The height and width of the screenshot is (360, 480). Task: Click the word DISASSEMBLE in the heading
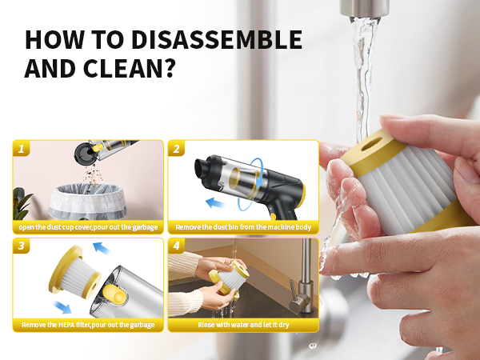tap(217, 39)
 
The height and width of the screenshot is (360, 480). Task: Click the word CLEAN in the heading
tap(122, 69)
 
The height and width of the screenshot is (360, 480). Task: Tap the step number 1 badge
tap(21, 149)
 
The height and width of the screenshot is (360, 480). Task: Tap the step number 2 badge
tap(176, 149)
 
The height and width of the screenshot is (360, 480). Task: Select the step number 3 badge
tap(21, 246)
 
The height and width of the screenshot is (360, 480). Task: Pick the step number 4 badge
tap(176, 246)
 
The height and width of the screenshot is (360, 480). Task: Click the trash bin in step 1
tap(87, 202)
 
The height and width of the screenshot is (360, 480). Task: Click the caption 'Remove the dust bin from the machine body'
tap(243, 227)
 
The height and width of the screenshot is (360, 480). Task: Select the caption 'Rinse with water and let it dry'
tap(243, 325)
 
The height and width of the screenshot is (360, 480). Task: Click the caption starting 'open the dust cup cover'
tap(88, 227)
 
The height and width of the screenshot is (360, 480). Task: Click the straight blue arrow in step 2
tap(214, 202)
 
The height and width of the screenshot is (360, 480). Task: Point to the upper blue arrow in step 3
tap(102, 248)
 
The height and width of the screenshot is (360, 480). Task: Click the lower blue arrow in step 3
tap(62, 307)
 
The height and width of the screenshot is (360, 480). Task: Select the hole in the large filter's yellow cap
tap(372, 144)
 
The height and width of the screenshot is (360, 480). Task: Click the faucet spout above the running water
tap(364, 9)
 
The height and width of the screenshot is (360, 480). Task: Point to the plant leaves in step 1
tap(22, 203)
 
